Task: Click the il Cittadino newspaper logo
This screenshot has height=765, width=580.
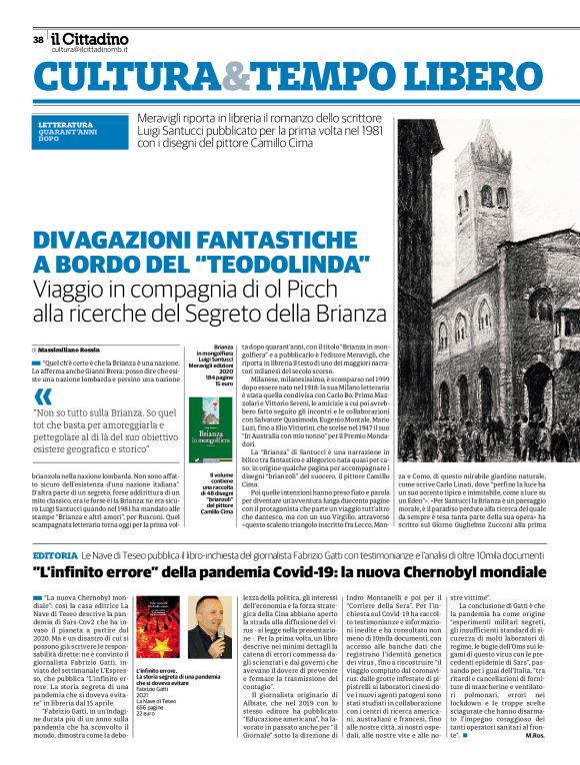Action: coord(90,38)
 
